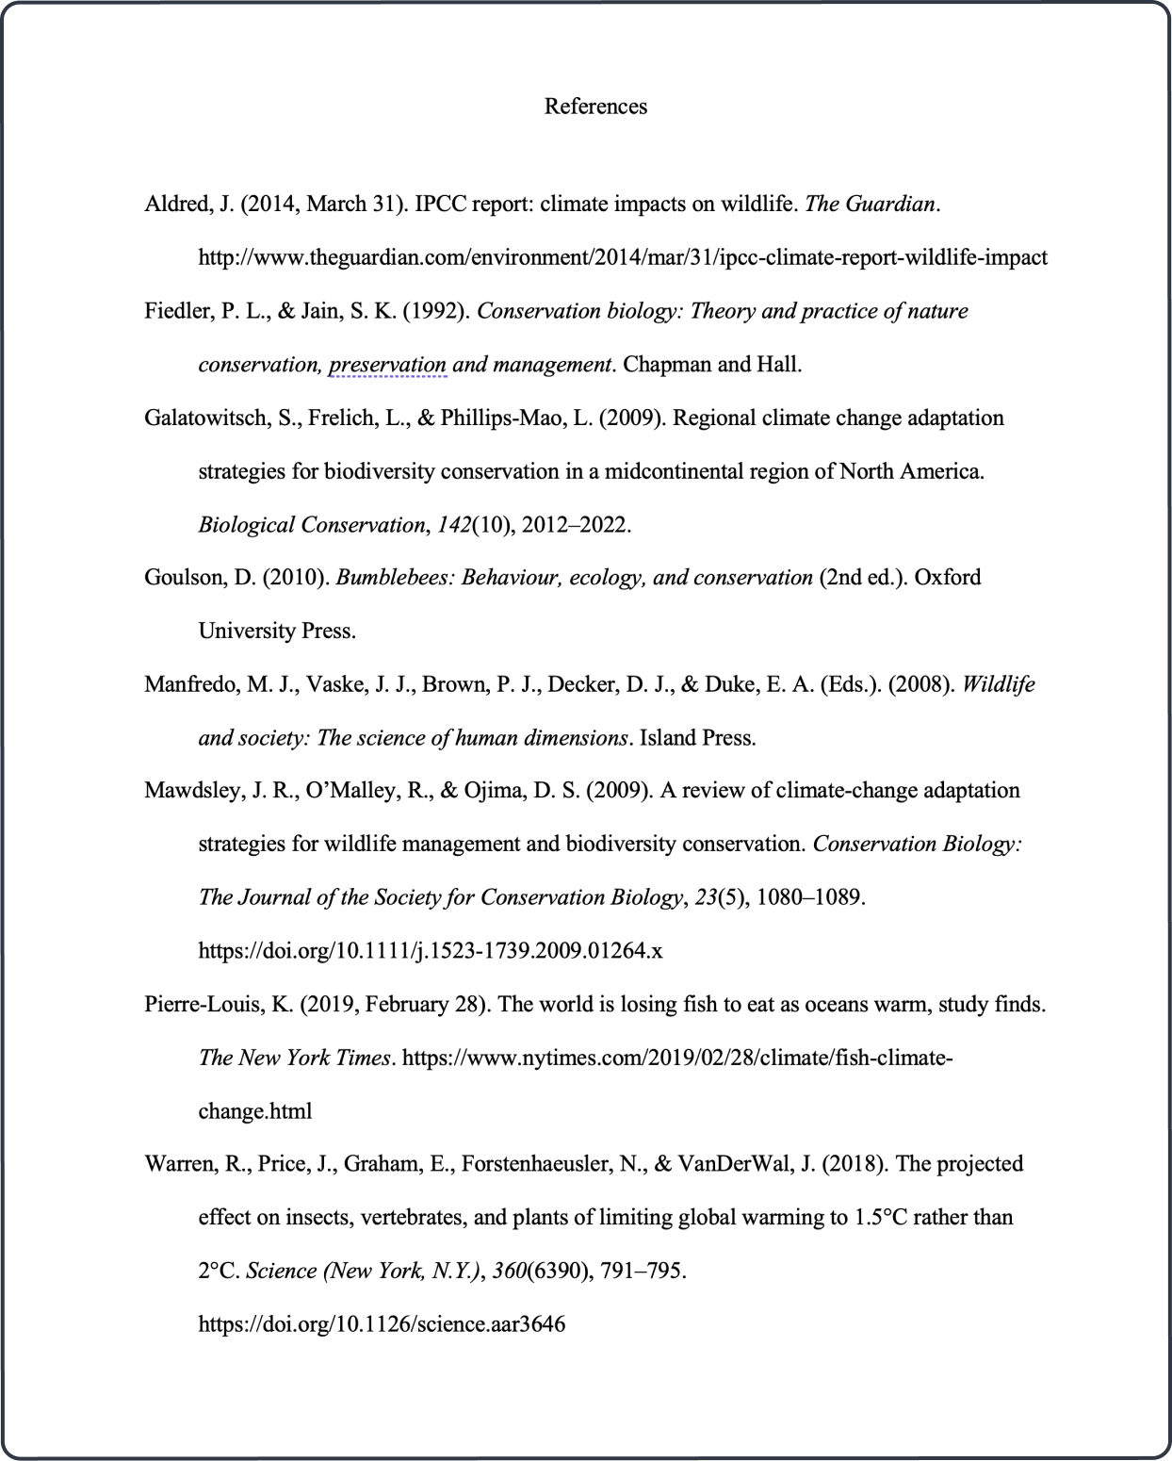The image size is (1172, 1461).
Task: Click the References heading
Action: coord(595,107)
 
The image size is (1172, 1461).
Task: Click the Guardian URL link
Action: coord(622,257)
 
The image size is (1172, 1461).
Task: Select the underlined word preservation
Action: coord(387,365)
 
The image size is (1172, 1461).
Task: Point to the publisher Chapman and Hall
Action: coord(712,365)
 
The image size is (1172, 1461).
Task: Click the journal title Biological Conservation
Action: coord(311,525)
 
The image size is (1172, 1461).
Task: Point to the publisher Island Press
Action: coord(697,738)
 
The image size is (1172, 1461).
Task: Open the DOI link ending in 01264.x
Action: coord(430,951)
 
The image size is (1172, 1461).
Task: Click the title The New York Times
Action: coord(294,1059)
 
